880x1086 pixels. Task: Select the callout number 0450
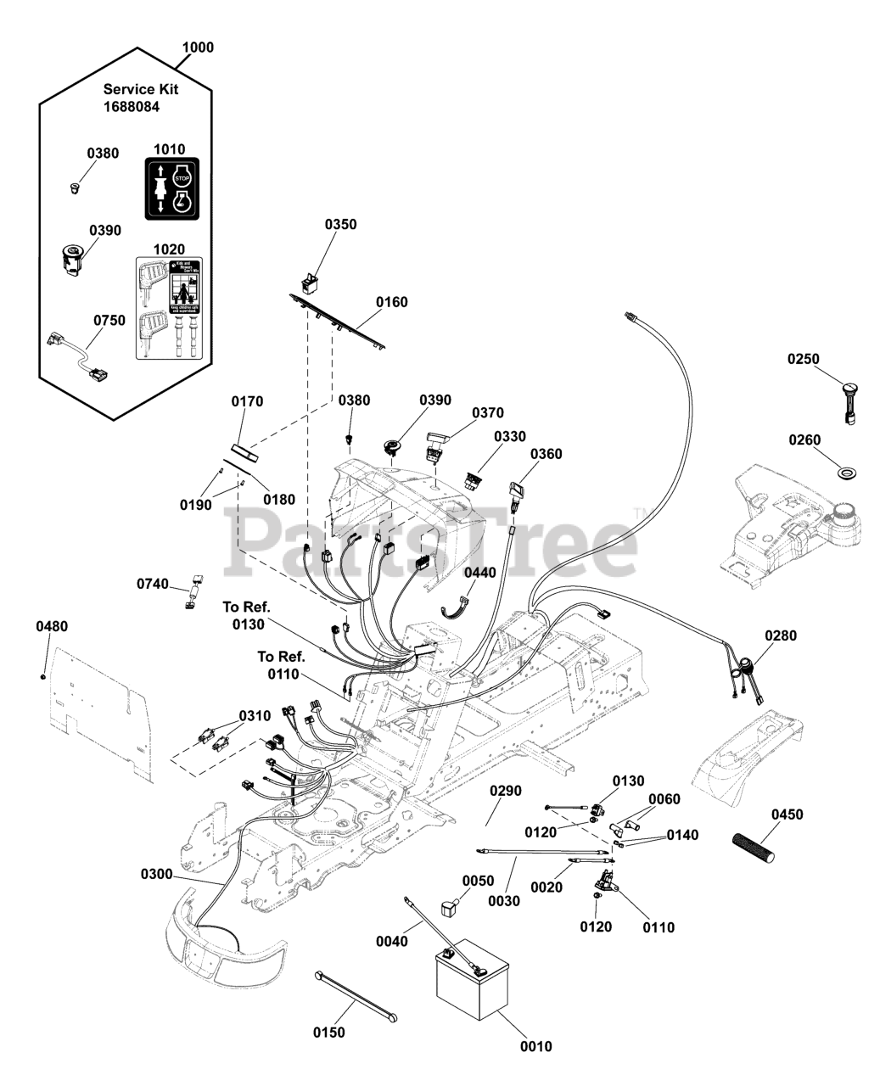(787, 814)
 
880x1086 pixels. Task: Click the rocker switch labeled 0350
(311, 280)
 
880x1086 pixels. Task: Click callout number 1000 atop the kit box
(198, 48)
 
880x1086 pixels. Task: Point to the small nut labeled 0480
(42, 675)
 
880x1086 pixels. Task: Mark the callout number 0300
(156, 874)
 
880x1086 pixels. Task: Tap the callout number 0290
(505, 791)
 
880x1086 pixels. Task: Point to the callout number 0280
(781, 635)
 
